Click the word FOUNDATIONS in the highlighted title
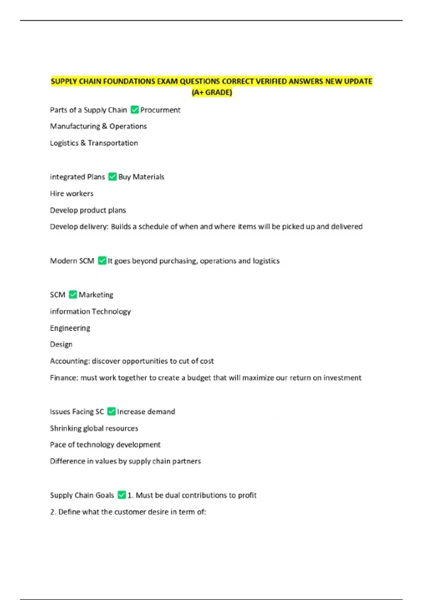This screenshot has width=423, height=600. [131, 82]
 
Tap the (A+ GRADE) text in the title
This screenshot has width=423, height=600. [211, 92]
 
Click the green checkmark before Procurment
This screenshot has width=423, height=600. [135, 110]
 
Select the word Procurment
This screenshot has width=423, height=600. [160, 110]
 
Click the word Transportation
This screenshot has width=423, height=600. [113, 143]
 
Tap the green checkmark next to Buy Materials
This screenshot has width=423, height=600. [112, 176]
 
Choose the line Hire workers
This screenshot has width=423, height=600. [72, 193]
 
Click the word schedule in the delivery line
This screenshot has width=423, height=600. [153, 227]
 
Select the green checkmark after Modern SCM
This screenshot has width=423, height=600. [102, 260]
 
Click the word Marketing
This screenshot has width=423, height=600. [96, 295]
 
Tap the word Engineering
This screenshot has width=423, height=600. [70, 328]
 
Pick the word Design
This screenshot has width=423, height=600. [61, 344]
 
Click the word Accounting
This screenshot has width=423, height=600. [70, 361]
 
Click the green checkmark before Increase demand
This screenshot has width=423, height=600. [111, 411]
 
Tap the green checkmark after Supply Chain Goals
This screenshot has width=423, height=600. [122, 495]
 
